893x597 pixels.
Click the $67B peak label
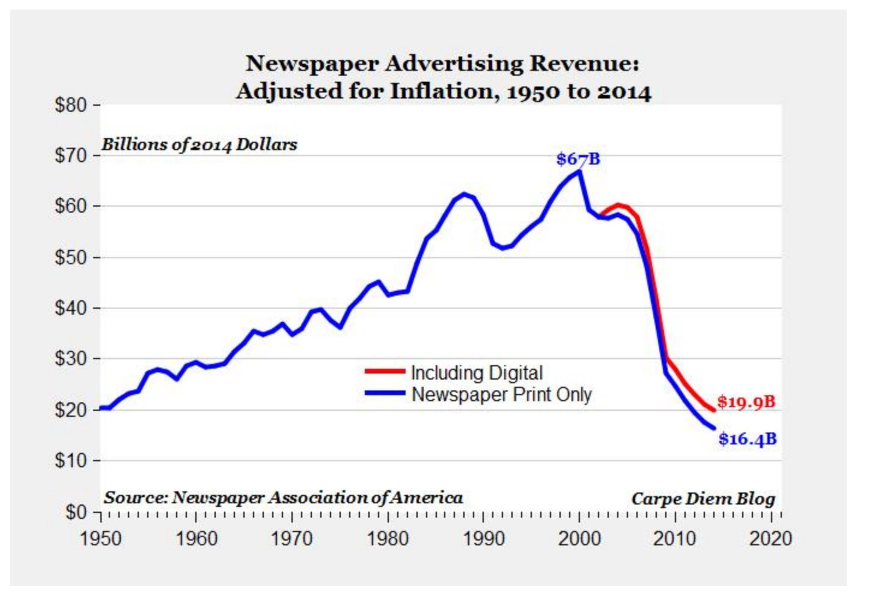pos(578,159)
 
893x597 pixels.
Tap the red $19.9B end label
pos(746,402)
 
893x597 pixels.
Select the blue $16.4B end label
pos(747,439)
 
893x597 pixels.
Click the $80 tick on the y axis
pos(70,105)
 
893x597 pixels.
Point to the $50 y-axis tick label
pos(70,258)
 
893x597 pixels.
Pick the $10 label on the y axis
pos(70,461)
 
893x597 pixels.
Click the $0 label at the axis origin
pos(76,512)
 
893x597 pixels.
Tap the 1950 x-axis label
pos(100,538)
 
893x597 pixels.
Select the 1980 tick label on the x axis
pos(388,538)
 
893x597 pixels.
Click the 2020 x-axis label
pos(770,538)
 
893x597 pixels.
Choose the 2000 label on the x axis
pos(579,538)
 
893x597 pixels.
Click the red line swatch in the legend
pos(385,372)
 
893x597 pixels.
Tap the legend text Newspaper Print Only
pos(501,395)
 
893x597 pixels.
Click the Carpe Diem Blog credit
pos(703,499)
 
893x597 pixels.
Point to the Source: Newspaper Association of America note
pos(283,497)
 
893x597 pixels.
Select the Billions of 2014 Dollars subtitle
pos(199,145)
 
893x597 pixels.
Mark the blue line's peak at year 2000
pos(579,172)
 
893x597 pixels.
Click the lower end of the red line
pos(713,410)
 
